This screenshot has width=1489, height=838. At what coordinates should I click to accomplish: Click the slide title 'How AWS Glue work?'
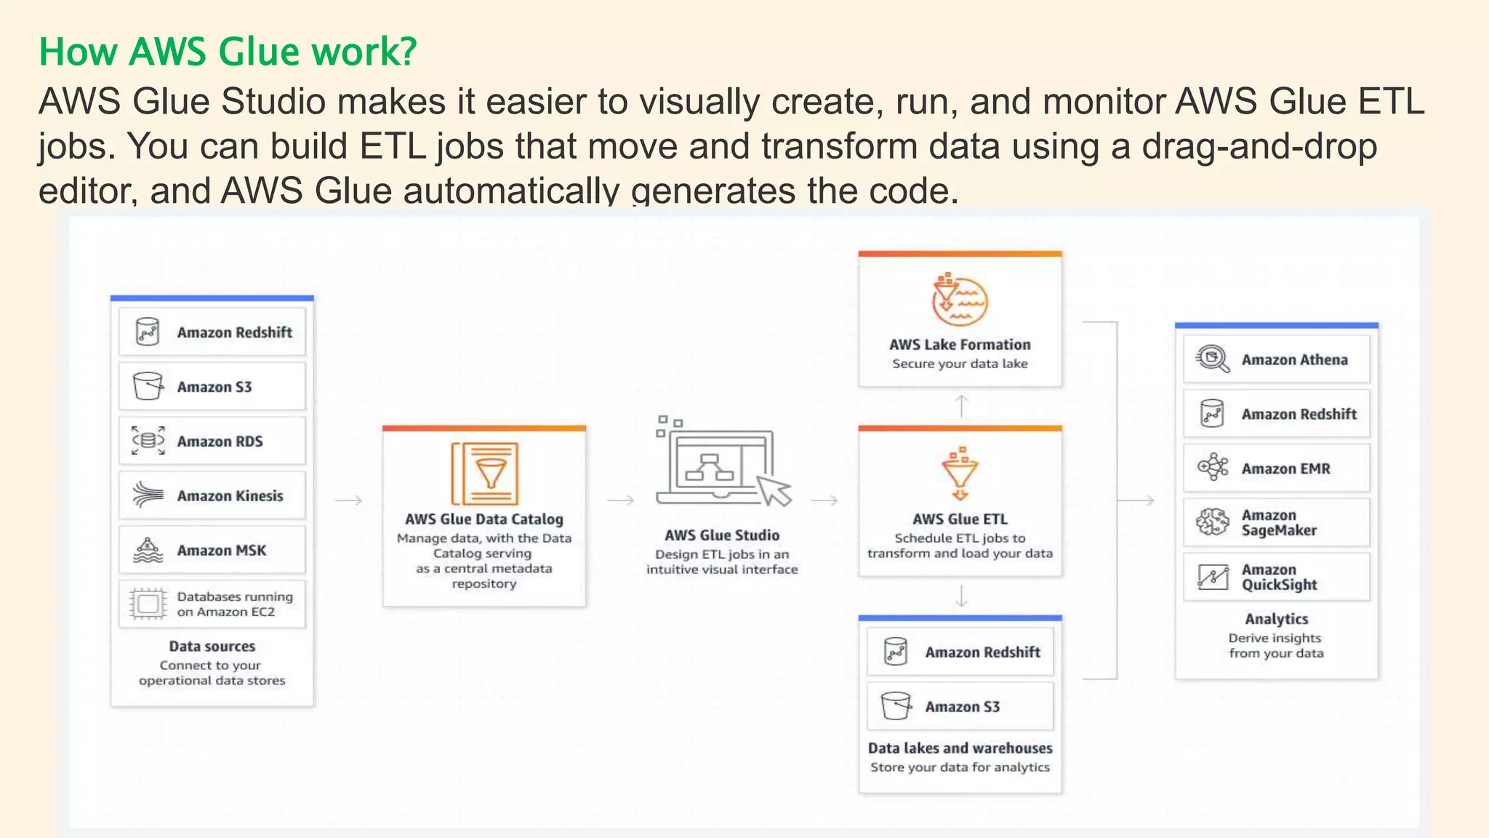(228, 52)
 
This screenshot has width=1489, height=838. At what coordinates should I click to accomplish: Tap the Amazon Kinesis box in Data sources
(212, 495)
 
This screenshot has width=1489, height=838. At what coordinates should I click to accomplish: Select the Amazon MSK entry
(212, 550)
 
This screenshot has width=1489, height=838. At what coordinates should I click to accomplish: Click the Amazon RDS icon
(148, 441)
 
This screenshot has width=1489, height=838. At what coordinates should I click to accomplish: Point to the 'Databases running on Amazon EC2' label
(234, 604)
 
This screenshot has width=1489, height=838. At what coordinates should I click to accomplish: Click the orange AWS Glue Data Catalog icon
(485, 473)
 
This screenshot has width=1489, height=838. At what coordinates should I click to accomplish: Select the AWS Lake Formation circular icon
(960, 300)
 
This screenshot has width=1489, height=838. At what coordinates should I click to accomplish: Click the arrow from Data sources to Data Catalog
(348, 500)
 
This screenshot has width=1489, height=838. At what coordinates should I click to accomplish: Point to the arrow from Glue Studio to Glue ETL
(824, 500)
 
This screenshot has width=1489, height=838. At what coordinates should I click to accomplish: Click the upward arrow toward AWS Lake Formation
(961, 406)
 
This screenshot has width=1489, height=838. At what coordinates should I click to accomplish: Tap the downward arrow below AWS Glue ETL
(961, 596)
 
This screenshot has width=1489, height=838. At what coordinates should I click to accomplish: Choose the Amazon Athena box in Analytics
(1276, 359)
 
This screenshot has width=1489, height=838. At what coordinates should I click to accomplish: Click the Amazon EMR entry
(1276, 468)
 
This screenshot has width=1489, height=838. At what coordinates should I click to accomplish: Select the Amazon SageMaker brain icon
(1212, 522)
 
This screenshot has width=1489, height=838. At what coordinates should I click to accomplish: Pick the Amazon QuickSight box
(1276, 577)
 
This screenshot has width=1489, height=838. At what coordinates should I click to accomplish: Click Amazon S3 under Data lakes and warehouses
(960, 706)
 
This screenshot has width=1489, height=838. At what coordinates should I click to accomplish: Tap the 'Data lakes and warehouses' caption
(960, 748)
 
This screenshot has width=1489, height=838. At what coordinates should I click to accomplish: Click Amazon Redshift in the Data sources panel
(212, 332)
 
